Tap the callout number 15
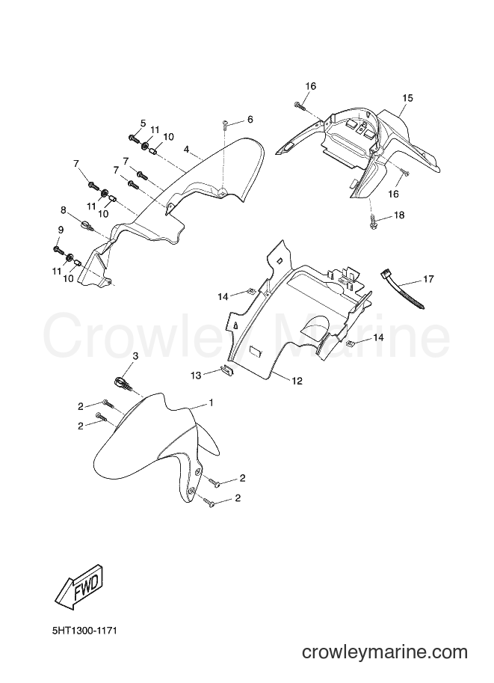pyautogui.click(x=407, y=98)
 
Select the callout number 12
pyautogui.click(x=297, y=381)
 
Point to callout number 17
pyautogui.click(x=428, y=278)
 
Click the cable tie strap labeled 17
pyautogui.click(x=403, y=290)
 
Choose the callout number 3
pyautogui.click(x=135, y=356)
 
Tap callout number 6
pyautogui.click(x=250, y=120)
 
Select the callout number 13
pyautogui.click(x=197, y=375)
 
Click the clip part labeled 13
pyautogui.click(x=226, y=371)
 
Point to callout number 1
pyautogui.click(x=211, y=403)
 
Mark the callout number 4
pyautogui.click(x=186, y=150)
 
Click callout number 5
pyautogui.click(x=143, y=123)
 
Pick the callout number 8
pyautogui.click(x=64, y=210)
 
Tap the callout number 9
pyautogui.click(x=61, y=230)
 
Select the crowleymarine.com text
pyautogui.click(x=385, y=652)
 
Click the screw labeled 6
pyautogui.click(x=225, y=125)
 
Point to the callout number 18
pyautogui.click(x=398, y=215)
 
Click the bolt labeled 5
pyautogui.click(x=133, y=138)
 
